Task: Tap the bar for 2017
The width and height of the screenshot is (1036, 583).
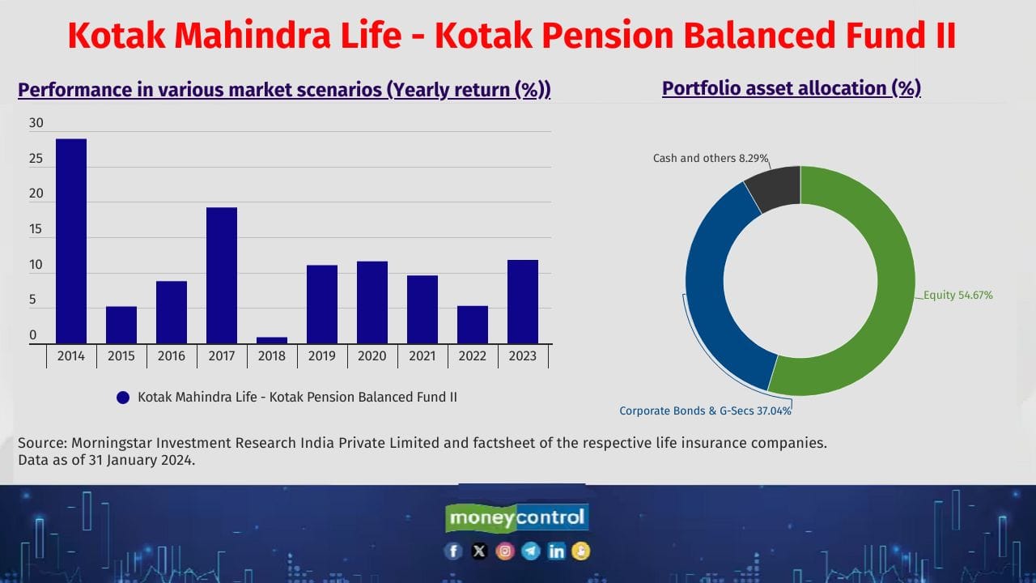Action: (222, 275)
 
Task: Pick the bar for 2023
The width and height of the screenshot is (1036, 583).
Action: (523, 301)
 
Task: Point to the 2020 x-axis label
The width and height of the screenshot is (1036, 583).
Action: (372, 355)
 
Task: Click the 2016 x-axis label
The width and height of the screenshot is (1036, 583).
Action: (172, 355)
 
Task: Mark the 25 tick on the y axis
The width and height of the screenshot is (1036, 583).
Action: (36, 159)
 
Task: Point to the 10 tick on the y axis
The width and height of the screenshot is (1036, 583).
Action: (36, 265)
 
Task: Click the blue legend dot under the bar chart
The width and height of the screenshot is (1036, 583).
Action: (123, 398)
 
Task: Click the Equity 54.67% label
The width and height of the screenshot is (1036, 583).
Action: (958, 296)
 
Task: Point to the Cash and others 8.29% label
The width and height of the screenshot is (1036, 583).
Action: (710, 158)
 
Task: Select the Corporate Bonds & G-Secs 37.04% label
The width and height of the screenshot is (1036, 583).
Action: (705, 411)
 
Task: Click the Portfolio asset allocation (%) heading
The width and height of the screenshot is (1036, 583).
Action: (791, 88)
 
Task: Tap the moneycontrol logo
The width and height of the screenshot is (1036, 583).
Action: (517, 517)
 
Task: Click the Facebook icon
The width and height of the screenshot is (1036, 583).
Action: (453, 551)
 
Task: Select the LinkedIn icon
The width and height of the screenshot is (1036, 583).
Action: (556, 551)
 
